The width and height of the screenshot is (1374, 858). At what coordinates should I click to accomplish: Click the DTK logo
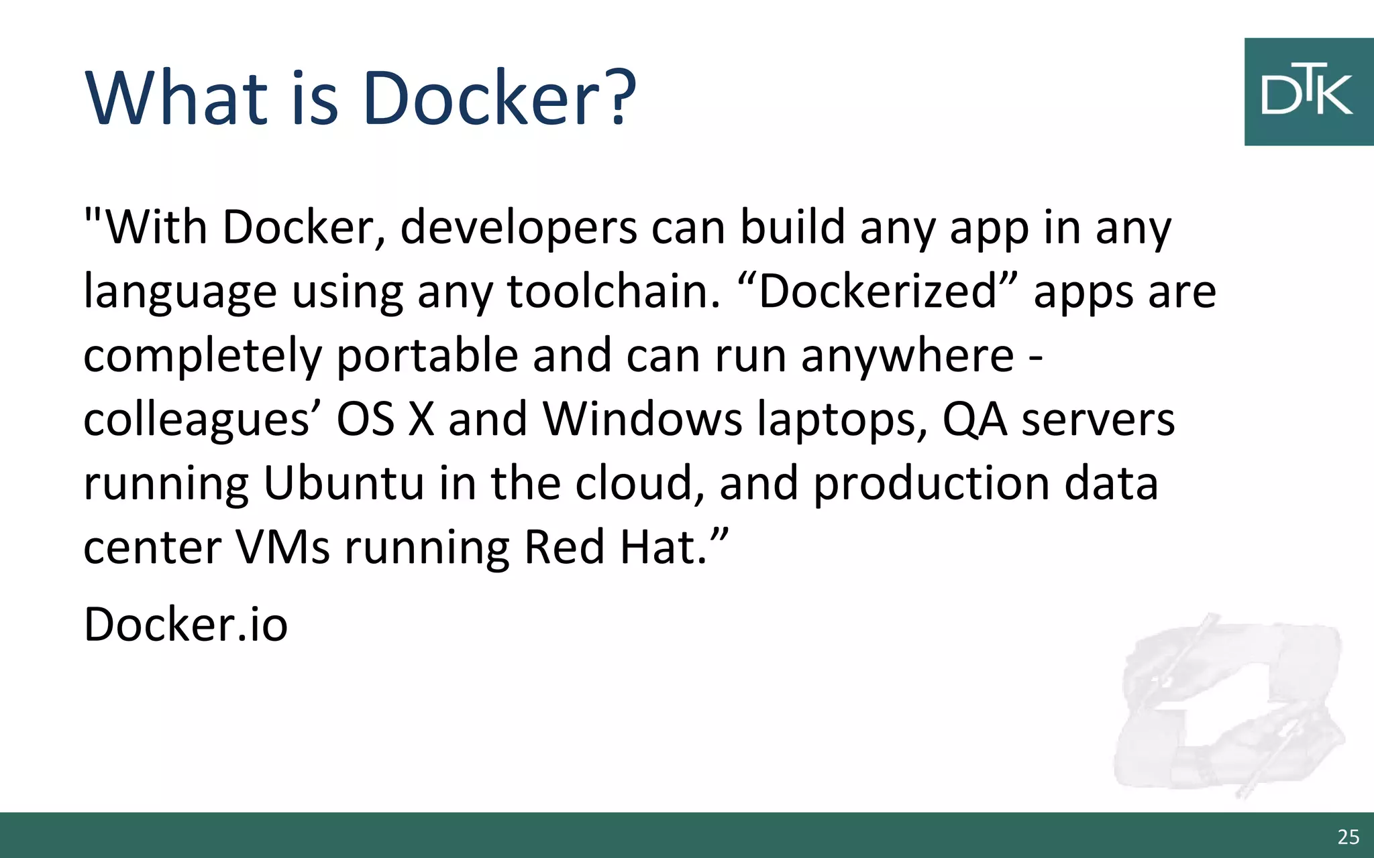point(1308,92)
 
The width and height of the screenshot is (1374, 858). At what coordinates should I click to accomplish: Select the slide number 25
point(1348,837)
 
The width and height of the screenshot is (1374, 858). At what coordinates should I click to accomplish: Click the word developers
point(518,227)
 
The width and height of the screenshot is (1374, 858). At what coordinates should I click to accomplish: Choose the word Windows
point(642,419)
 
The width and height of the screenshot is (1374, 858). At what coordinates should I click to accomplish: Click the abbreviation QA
point(974,419)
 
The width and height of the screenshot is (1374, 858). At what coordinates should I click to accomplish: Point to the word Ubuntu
point(343,483)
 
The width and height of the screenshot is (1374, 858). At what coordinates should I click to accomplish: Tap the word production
point(931,483)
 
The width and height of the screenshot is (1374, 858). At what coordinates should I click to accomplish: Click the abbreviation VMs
point(282,547)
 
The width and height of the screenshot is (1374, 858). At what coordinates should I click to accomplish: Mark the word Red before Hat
point(564,547)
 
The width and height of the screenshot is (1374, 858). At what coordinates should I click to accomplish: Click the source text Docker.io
point(185,624)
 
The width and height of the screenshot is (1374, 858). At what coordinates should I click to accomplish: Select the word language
point(180,292)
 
